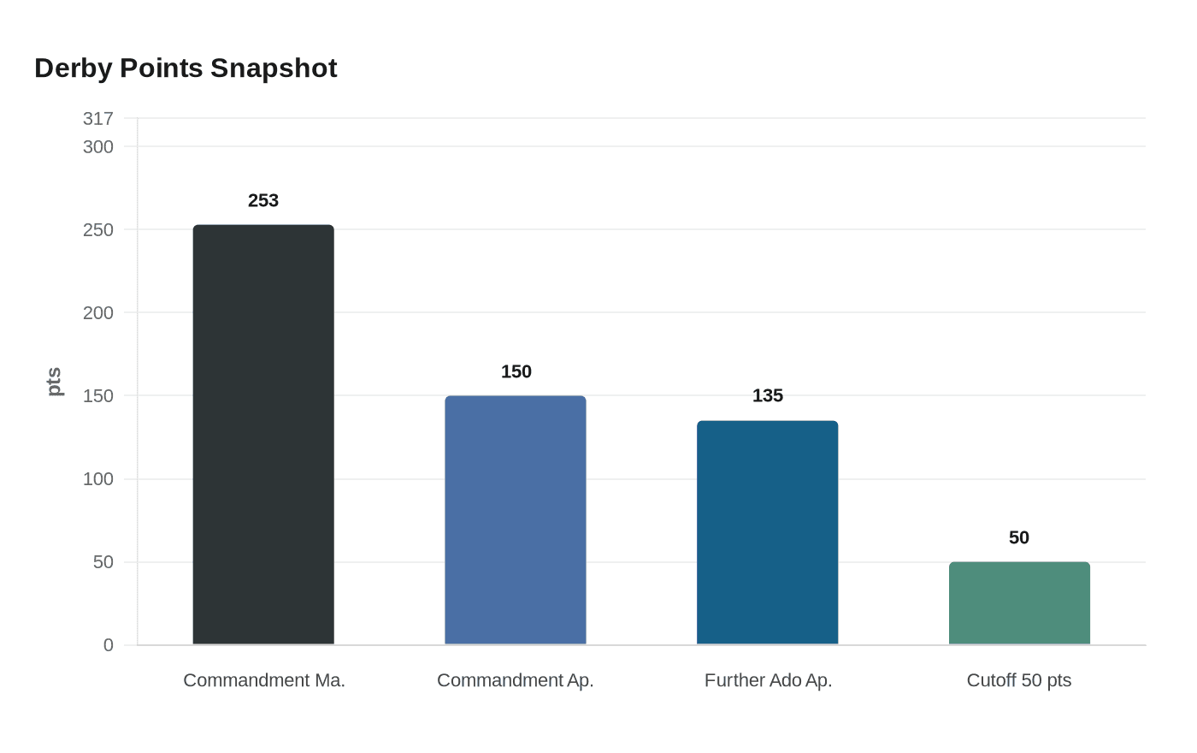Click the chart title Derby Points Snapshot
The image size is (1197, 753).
click(186, 68)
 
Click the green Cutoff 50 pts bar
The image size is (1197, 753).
click(1019, 603)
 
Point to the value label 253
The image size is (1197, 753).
click(263, 200)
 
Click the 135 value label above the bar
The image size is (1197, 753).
click(768, 395)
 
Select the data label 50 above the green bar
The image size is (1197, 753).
click(1019, 537)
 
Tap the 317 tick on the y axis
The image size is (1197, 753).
click(98, 119)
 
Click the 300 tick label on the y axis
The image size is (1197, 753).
click(98, 147)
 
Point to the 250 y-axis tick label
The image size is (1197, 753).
click(98, 230)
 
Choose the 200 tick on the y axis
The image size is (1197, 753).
click(98, 313)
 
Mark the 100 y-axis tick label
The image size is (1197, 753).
click(98, 479)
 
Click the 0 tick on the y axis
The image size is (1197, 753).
click(109, 645)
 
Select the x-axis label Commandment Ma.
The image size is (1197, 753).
click(264, 680)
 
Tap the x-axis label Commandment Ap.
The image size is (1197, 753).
click(516, 680)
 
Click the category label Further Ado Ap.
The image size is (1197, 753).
click(768, 680)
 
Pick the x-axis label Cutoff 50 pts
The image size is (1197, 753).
click(1019, 680)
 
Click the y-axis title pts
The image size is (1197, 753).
click(54, 382)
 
